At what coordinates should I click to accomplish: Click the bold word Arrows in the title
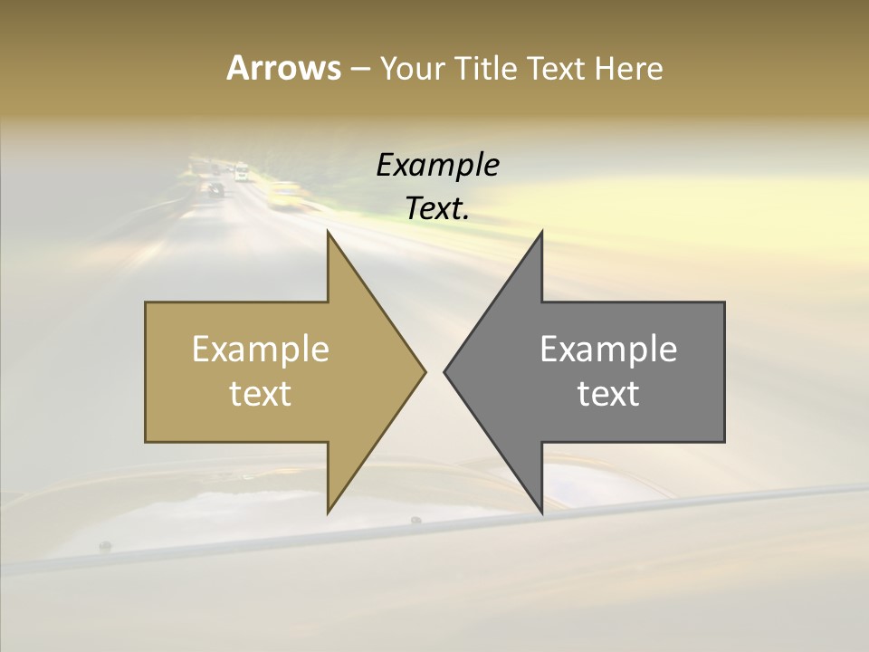coord(283,68)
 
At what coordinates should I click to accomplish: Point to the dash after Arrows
coord(359,69)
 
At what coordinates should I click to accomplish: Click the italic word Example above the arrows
coord(437,166)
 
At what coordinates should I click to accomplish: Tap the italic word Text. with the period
coord(437,209)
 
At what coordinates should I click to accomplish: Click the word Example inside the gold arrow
coord(261,350)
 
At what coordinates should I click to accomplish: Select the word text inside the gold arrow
coord(261,394)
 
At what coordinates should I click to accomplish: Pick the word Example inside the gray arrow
coord(608,350)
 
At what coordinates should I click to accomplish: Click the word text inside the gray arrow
coord(608,394)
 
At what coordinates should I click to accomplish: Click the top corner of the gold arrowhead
coord(328,233)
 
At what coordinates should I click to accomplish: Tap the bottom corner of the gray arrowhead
coord(541,512)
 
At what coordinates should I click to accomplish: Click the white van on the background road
coord(241,171)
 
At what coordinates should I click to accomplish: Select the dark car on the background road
coord(215,189)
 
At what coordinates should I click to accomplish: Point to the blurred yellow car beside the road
coord(286,192)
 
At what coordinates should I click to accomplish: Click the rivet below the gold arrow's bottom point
coord(415,521)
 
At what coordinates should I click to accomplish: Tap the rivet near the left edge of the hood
coord(105,546)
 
